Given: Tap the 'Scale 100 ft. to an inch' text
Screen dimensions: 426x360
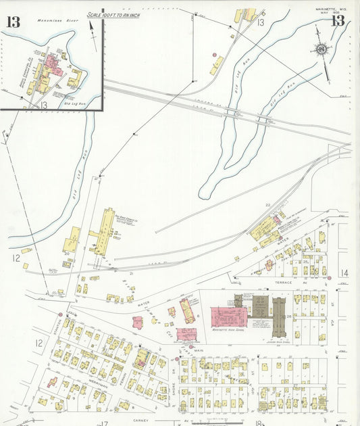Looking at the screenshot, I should pos(113,14).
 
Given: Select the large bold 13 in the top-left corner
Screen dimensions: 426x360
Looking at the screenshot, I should pos(13,21).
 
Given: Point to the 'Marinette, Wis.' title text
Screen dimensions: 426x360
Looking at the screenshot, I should pos(329,9).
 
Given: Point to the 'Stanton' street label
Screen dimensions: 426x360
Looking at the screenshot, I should pos(55,329).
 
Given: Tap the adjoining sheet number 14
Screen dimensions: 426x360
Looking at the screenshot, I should pos(344,273).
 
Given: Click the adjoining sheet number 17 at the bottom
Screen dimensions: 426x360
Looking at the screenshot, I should pos(103,423).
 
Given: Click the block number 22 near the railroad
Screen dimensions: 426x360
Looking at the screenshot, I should pos(267,204).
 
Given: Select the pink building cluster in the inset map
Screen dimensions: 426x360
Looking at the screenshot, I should pos(51,67).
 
